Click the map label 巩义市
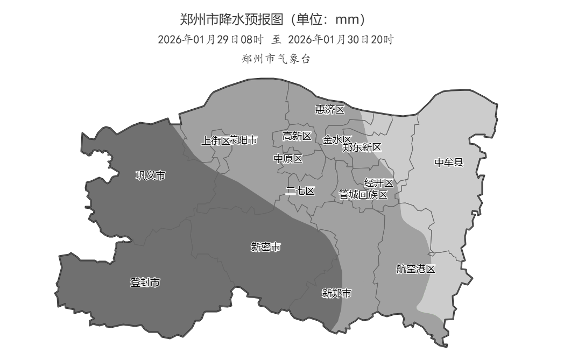pos(150,175)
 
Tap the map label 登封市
pos(145,283)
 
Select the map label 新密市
pos(265,247)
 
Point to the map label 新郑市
pos(336,293)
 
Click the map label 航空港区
pos(415,269)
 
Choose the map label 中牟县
pos(448,162)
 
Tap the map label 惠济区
pos(329,110)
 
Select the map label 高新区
pos(297,136)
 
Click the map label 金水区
pos(336,140)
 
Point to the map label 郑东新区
pos(362,147)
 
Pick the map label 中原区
pos(288,159)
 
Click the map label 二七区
pos(300,191)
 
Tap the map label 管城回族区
pos(363,195)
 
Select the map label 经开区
pos(379,183)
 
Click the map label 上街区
pos(215,140)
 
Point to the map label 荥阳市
pos(244,140)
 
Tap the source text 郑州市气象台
pos(277,59)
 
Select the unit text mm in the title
pos(346,20)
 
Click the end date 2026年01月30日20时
pos(341,40)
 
